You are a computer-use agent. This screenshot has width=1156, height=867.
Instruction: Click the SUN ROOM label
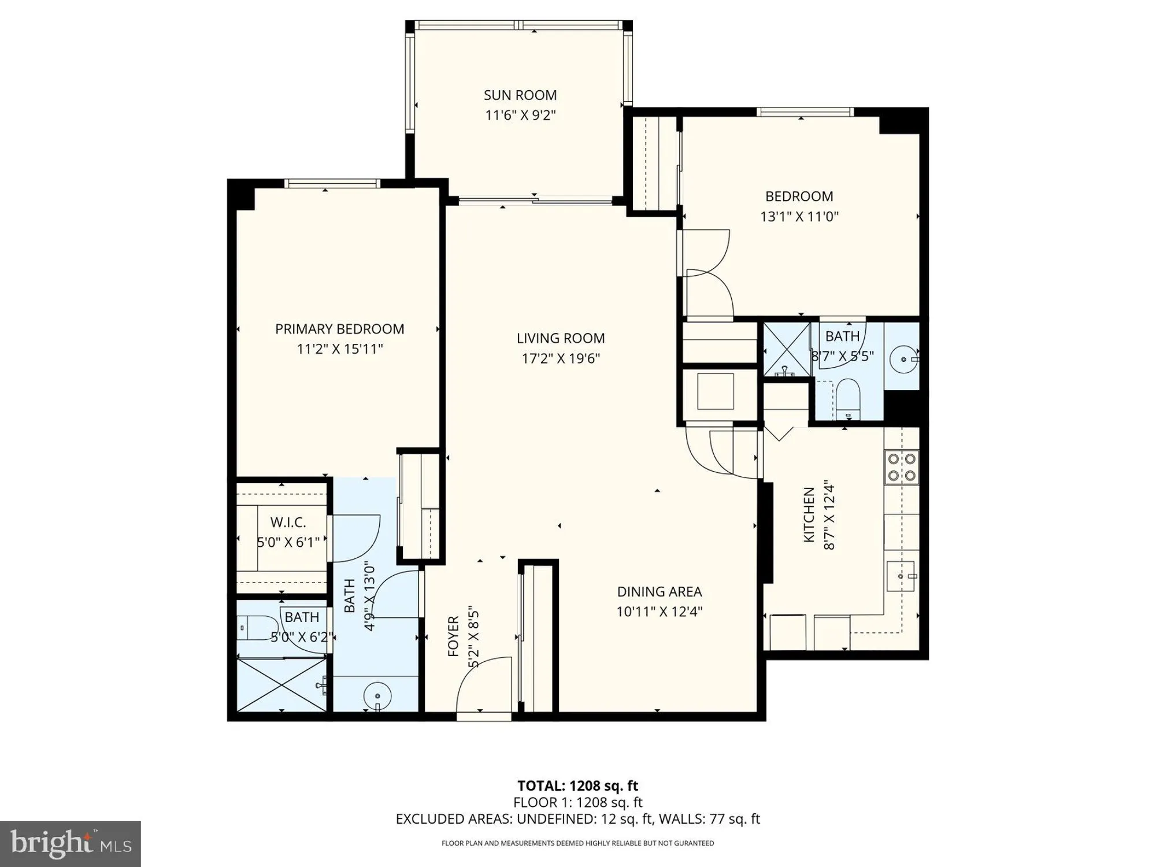click(520, 95)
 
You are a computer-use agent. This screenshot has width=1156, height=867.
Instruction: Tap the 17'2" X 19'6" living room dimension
click(561, 358)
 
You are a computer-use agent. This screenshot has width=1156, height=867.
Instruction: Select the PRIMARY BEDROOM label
click(339, 329)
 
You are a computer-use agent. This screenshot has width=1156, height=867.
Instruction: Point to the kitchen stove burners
click(902, 467)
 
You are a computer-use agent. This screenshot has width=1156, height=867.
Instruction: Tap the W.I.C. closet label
click(288, 523)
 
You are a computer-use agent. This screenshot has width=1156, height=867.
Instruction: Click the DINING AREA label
click(659, 591)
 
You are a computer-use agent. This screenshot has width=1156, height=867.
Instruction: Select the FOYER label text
click(453, 636)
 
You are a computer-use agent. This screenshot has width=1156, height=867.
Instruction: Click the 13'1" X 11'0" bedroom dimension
click(799, 217)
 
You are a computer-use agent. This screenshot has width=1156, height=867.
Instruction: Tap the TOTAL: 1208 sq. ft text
click(577, 786)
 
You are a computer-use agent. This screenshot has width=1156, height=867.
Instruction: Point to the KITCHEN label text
click(809, 514)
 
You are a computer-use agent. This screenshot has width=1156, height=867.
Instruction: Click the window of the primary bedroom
click(332, 183)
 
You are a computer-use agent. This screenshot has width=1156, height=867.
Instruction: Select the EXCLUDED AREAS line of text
click(577, 819)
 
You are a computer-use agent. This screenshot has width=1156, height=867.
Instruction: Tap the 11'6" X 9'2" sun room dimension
click(520, 115)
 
